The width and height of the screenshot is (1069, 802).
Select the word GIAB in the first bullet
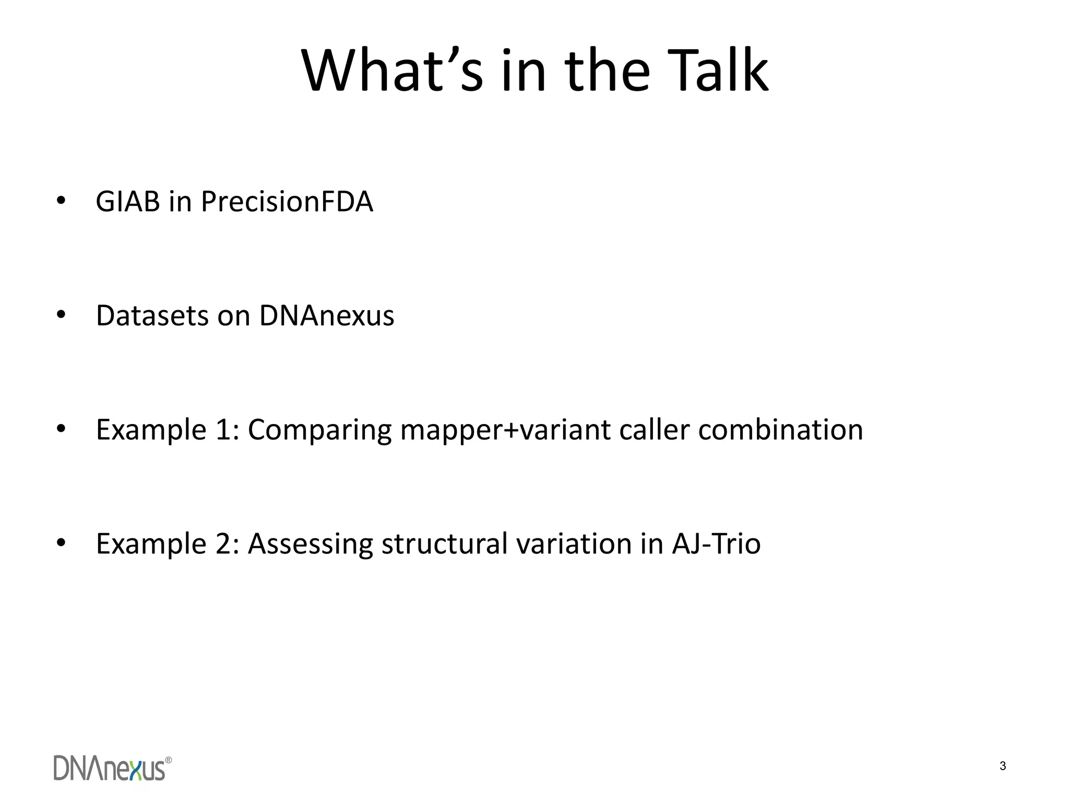tap(127, 202)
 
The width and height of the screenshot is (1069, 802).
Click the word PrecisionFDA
tap(287, 202)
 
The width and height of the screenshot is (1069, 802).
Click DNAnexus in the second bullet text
tap(327, 316)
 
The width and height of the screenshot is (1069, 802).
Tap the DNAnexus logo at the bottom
tap(112, 768)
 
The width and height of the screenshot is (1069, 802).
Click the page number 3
tap(1003, 766)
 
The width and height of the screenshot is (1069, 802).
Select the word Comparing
tap(319, 431)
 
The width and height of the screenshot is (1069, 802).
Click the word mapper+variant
tap(505, 431)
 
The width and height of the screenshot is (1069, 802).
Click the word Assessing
tap(310, 544)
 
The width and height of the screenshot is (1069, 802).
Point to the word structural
tap(444, 544)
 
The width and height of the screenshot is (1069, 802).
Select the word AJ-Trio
tap(716, 544)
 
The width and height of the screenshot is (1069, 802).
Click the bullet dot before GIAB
tap(61, 201)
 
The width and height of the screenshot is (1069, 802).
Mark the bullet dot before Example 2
tap(61, 543)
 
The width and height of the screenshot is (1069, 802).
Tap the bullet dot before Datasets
tap(61, 315)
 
